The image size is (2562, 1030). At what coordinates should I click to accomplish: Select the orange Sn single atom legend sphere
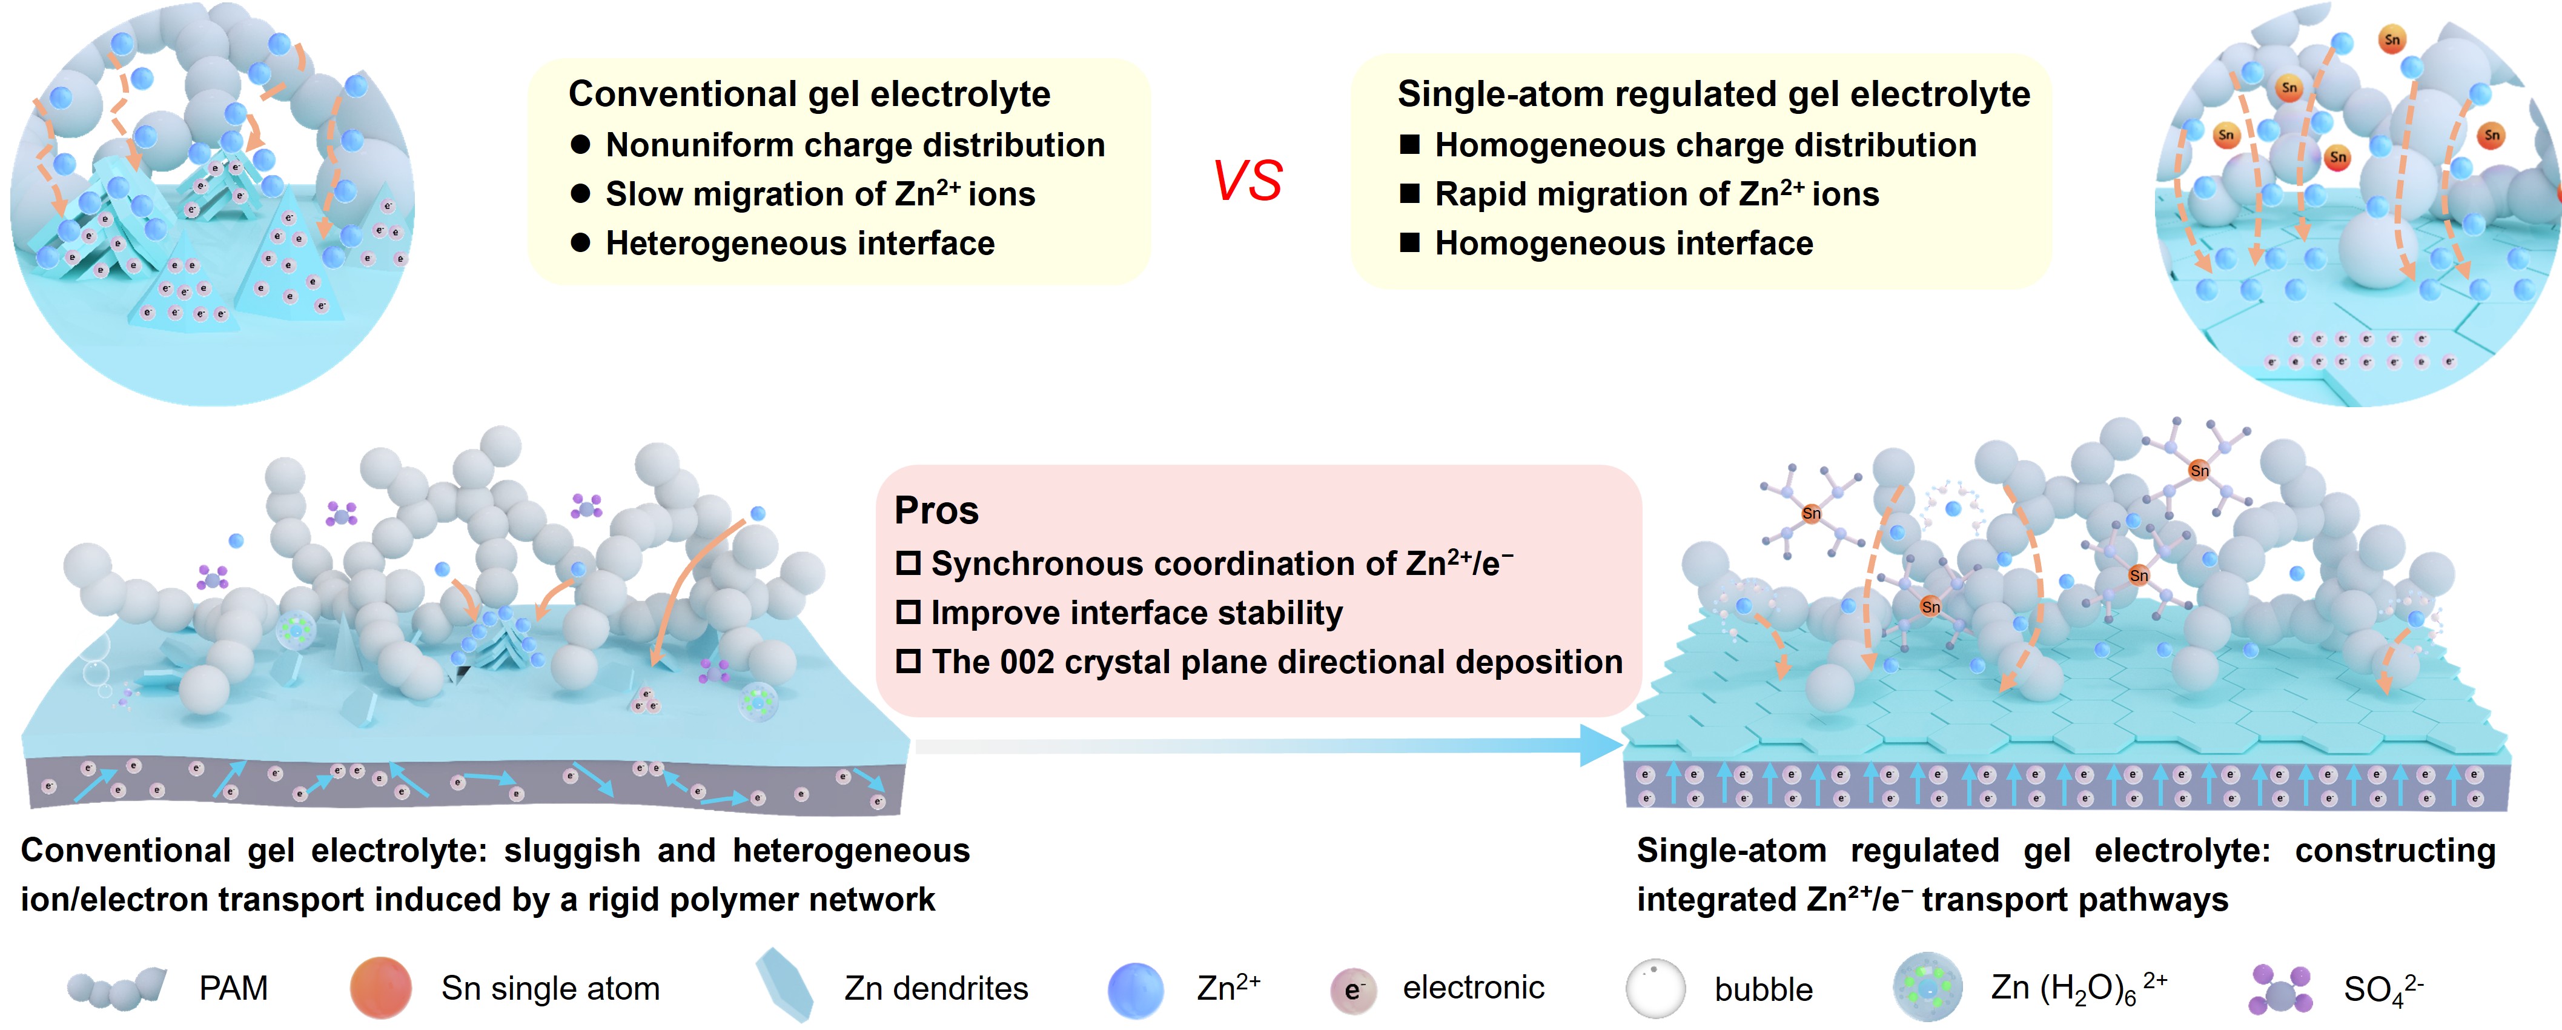[x=381, y=988]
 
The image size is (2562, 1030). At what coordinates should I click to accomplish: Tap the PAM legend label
[x=234, y=988]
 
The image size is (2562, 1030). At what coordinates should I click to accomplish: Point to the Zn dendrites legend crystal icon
[x=786, y=985]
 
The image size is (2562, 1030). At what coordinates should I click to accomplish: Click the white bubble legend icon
[x=1656, y=988]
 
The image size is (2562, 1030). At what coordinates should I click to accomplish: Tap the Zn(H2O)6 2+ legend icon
[x=1927, y=988]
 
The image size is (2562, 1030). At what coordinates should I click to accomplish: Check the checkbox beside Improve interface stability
[x=908, y=612]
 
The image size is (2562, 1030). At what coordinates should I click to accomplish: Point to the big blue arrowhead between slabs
[x=1601, y=745]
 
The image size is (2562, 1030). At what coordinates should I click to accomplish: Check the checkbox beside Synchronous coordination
[x=908, y=563]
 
